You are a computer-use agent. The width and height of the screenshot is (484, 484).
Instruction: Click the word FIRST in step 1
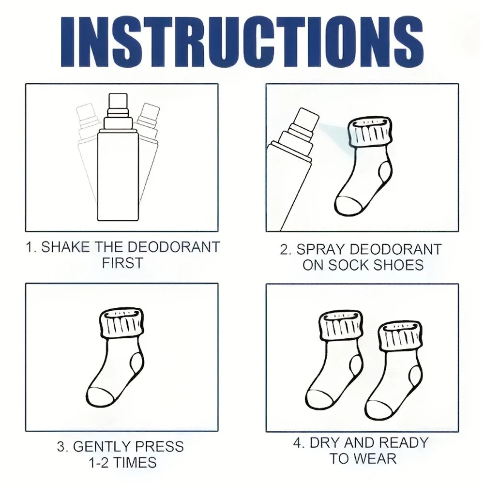[122, 263]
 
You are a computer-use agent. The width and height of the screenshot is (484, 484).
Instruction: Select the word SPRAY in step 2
[319, 249]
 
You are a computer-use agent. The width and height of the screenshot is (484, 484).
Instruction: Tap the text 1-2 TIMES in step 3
[122, 462]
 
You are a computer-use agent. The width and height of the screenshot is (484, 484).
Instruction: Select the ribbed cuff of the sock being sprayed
[371, 132]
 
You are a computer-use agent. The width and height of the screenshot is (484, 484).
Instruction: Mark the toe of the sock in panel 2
[348, 205]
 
